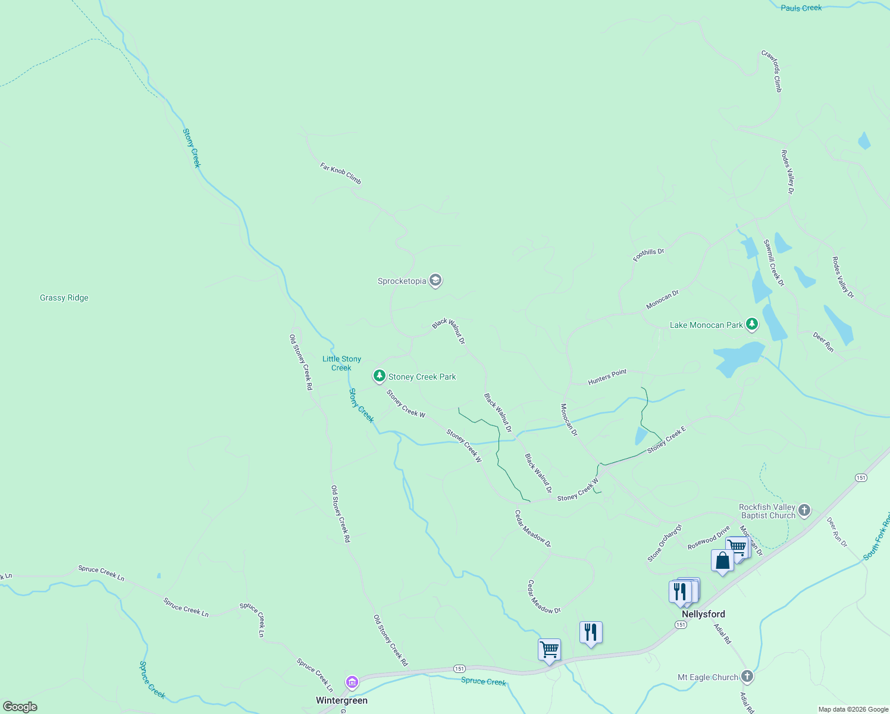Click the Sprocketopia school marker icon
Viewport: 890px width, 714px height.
[435, 281]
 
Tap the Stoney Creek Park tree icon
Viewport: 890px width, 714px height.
[379, 376]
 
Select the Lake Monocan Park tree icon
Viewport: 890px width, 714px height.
[753, 324]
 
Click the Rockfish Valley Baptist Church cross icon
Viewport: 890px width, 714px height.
[804, 510]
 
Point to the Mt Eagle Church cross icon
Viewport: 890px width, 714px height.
[747, 677]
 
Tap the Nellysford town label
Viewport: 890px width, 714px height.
[703, 614]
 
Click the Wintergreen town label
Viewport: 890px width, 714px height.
[341, 700]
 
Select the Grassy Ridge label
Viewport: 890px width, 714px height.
[64, 297]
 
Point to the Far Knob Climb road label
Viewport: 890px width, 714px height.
[341, 174]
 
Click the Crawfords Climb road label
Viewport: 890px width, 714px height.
[772, 71]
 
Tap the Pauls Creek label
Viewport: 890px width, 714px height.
[801, 8]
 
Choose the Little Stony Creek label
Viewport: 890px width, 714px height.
[341, 363]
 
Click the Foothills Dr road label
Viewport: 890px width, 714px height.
[648, 255]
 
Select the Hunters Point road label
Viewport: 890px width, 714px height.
[607, 377]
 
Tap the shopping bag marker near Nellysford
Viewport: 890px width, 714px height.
[722, 560]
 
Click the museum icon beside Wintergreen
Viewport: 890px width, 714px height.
[352, 682]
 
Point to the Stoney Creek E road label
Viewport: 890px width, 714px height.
[666, 440]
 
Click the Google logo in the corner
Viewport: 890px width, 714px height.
[20, 706]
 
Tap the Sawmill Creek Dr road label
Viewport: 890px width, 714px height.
[774, 263]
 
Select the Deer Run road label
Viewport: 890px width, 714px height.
[823, 342]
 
